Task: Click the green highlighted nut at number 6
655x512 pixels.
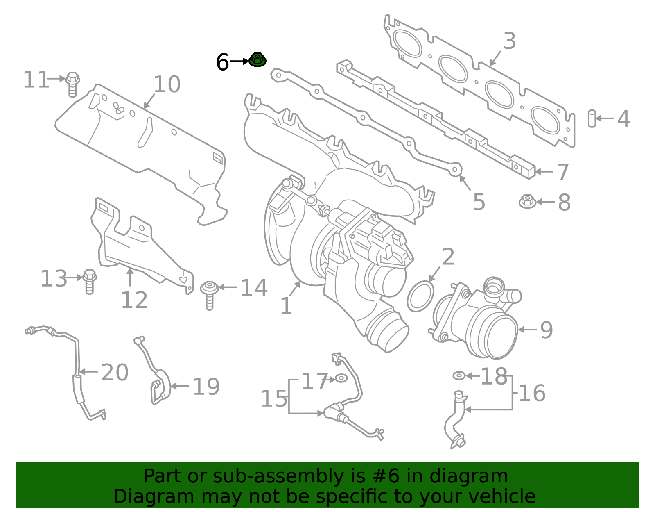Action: pyautogui.click(x=257, y=60)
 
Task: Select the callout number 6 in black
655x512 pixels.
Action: pyautogui.click(x=222, y=62)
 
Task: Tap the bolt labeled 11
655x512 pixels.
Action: pyautogui.click(x=72, y=84)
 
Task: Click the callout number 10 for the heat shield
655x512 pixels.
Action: pyautogui.click(x=167, y=84)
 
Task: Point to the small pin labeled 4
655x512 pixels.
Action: pyautogui.click(x=592, y=118)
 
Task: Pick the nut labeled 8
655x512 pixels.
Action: pyautogui.click(x=527, y=201)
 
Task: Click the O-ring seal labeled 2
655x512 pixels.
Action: pyautogui.click(x=420, y=296)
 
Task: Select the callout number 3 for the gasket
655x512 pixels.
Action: pyautogui.click(x=509, y=41)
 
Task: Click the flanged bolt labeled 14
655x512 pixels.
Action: pyautogui.click(x=210, y=294)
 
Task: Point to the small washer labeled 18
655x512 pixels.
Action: pyautogui.click(x=459, y=375)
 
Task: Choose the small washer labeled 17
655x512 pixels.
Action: pyautogui.click(x=341, y=378)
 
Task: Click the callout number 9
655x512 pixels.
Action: pyautogui.click(x=547, y=330)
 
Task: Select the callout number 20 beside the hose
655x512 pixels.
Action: pyautogui.click(x=115, y=373)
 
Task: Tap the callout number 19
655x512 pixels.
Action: pyautogui.click(x=206, y=387)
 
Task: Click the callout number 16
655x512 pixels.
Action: pyautogui.click(x=532, y=393)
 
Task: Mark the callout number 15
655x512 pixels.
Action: pyautogui.click(x=274, y=398)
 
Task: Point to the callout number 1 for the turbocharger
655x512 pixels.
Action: pyautogui.click(x=286, y=306)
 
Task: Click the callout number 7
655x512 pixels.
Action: pyautogui.click(x=563, y=172)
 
